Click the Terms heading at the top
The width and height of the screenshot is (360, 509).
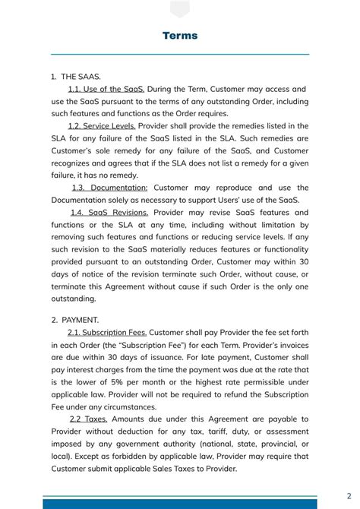[180, 36]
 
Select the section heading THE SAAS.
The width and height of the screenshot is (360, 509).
[80, 77]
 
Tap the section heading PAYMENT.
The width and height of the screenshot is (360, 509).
[79, 320]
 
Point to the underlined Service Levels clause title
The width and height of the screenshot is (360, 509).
[102, 126]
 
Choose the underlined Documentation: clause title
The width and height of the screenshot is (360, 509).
[110, 188]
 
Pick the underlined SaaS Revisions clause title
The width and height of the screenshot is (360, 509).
[109, 213]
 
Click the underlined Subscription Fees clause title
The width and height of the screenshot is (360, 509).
[107, 332]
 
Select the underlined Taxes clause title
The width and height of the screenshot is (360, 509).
[88, 419]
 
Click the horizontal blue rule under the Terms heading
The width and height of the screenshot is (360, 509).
[180, 55]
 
